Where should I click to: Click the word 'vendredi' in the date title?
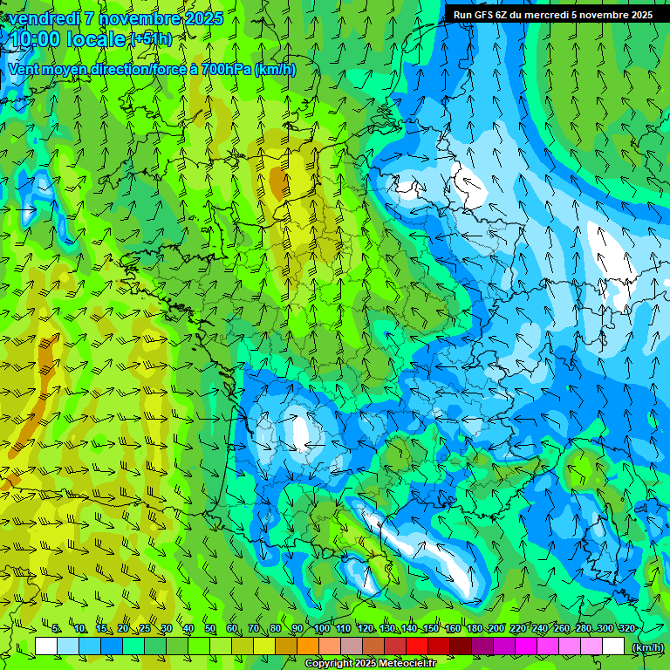coord(42,18)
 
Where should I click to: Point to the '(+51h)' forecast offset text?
coord(151,38)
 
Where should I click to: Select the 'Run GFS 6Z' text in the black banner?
coord(483,15)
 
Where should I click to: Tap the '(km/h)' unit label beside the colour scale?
coord(647,646)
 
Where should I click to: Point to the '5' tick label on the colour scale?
coord(57,628)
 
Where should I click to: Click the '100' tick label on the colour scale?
coord(322,628)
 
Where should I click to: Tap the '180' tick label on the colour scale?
coord(475,628)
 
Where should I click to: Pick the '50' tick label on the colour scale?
coord(210,628)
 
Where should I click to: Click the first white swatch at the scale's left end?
coord(46,646)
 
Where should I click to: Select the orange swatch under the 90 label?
coord(308,646)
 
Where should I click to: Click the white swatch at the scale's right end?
coord(613,646)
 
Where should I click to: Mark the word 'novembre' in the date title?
coord(142,18)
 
